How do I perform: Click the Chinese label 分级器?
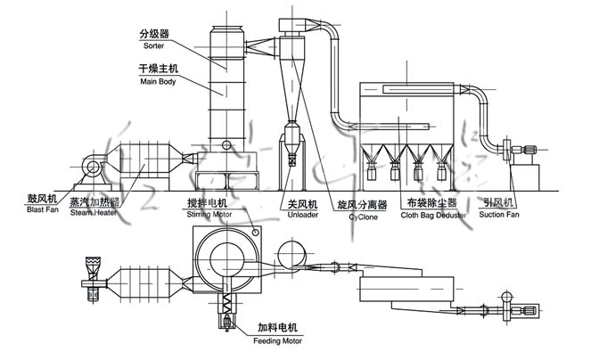click(x=153, y=34)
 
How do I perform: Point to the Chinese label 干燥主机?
click(x=158, y=70)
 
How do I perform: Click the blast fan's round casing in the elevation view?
click(x=92, y=167)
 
